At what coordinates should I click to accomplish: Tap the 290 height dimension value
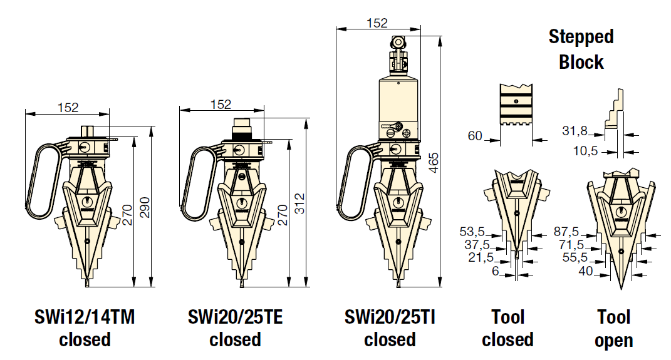tap(145, 207)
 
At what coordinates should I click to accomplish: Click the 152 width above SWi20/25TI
tap(377, 23)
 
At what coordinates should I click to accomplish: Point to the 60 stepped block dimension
tap(474, 136)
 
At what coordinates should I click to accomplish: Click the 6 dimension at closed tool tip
tap(496, 271)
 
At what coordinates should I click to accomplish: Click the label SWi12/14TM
tap(85, 317)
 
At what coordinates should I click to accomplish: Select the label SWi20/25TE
tap(235, 317)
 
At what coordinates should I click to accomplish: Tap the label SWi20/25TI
tap(390, 317)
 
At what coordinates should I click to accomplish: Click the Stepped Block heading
tap(581, 49)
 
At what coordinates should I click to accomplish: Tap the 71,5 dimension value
tap(571, 245)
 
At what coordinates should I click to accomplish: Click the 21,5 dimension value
tap(481, 257)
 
